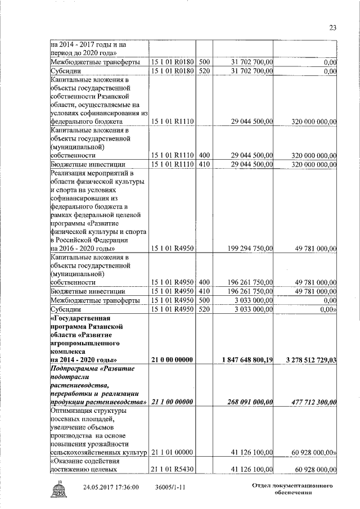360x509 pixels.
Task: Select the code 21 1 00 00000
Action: [172, 402]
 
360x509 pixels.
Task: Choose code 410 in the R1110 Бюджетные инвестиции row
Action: [205, 164]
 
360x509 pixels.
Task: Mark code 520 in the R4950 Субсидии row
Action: [205, 309]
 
